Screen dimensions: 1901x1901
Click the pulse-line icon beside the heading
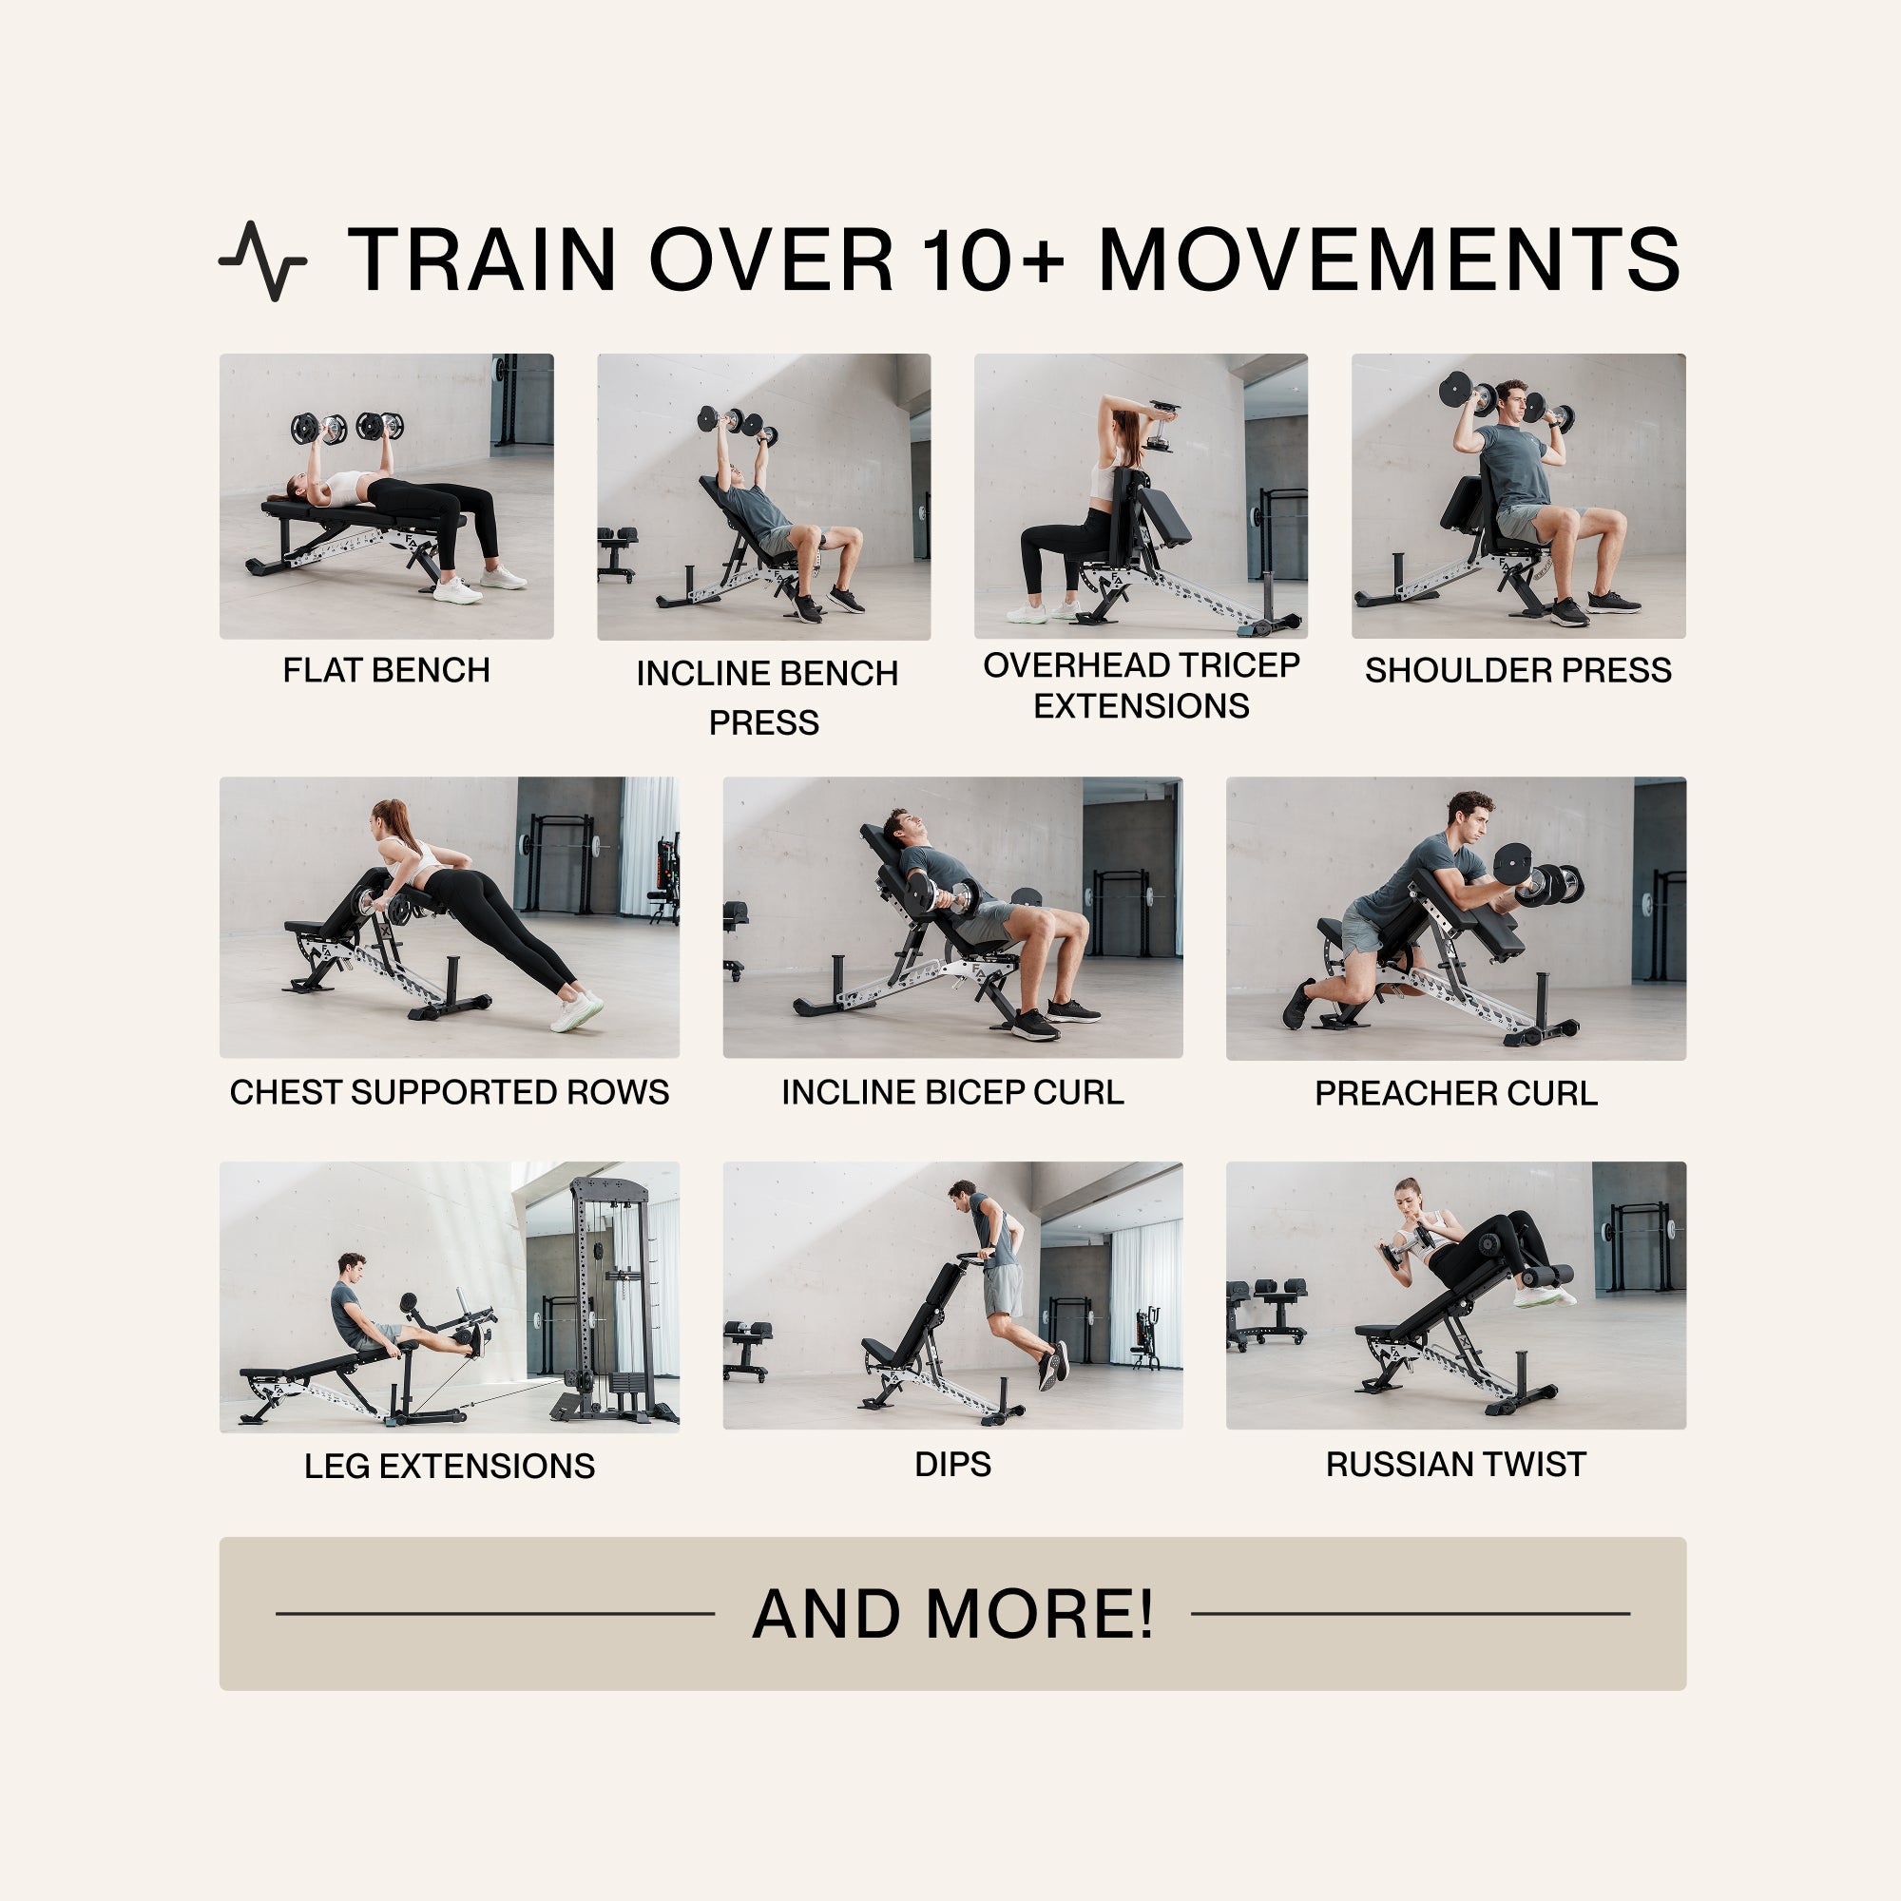pos(261,260)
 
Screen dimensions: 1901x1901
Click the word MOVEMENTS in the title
pos(1389,259)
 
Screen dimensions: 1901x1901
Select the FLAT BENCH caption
pos(386,670)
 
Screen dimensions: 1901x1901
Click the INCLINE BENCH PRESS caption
pos(765,698)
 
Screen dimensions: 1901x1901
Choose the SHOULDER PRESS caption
pos(1517,670)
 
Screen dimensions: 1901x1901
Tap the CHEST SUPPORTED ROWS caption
pos(449,1092)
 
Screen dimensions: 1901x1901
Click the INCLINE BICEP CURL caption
pos(951,1092)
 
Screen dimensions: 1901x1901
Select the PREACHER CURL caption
pos(1455,1093)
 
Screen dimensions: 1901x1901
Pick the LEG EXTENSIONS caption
pos(449,1466)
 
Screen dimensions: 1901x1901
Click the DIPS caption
pos(951,1464)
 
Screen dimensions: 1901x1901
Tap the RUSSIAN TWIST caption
pos(1455,1464)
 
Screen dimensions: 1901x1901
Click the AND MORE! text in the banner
pos(951,1615)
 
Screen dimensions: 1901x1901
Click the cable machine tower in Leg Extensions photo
pos(611,1298)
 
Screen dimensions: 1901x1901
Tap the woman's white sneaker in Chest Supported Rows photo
pos(576,1012)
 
